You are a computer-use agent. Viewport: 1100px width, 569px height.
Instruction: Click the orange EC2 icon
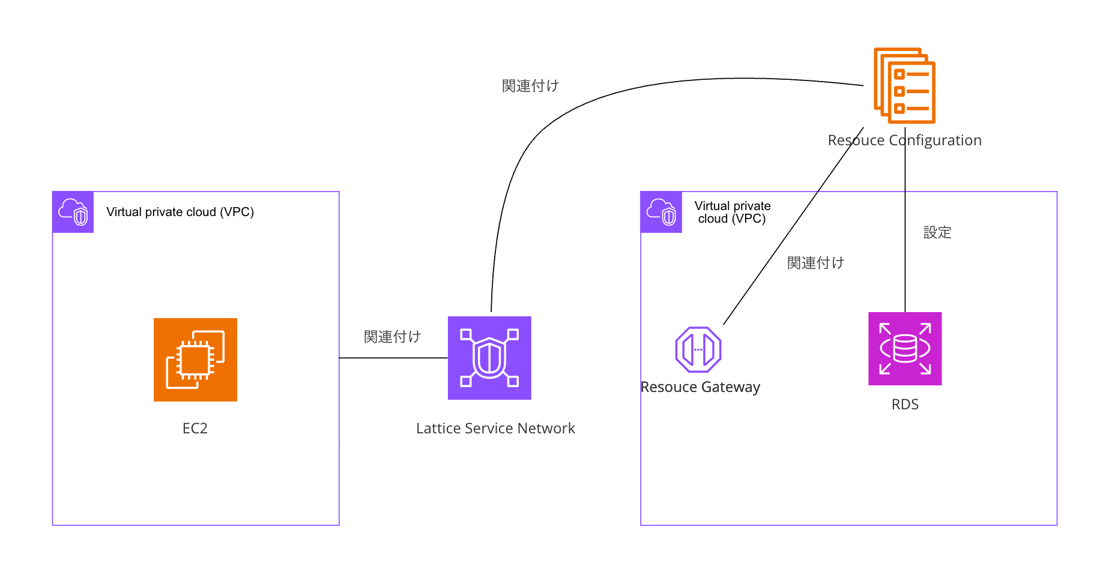click(x=195, y=360)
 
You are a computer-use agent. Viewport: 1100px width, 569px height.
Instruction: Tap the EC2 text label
click(x=195, y=428)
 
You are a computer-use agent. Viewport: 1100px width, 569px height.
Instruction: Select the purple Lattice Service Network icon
click(x=489, y=358)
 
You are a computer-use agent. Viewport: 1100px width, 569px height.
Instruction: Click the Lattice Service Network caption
click(x=495, y=428)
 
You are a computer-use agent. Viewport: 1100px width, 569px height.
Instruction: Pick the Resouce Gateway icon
click(x=698, y=349)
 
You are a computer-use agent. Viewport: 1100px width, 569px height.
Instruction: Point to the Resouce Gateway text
click(x=700, y=387)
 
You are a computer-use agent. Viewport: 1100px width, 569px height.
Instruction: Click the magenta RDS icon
click(x=905, y=349)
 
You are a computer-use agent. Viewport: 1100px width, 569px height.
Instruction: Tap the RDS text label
click(x=905, y=405)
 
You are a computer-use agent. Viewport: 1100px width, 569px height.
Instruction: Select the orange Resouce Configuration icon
click(x=904, y=85)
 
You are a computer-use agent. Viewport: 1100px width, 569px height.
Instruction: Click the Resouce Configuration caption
click(x=904, y=140)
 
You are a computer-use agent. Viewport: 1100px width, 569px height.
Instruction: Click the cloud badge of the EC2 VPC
click(x=73, y=212)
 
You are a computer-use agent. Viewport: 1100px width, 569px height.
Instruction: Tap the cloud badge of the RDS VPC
click(x=661, y=212)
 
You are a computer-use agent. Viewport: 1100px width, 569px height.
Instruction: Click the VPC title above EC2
click(x=180, y=212)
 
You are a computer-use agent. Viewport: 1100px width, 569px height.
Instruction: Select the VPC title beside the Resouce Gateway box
click(x=733, y=212)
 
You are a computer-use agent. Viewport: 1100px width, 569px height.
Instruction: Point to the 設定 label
click(x=937, y=232)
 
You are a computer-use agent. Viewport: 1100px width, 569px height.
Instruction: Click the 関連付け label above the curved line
click(x=530, y=86)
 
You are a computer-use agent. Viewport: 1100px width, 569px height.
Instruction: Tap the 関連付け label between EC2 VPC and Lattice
click(x=392, y=337)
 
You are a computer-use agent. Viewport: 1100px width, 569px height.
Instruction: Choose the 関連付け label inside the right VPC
click(x=815, y=263)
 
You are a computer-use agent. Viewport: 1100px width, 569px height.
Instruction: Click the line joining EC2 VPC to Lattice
click(x=393, y=358)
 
